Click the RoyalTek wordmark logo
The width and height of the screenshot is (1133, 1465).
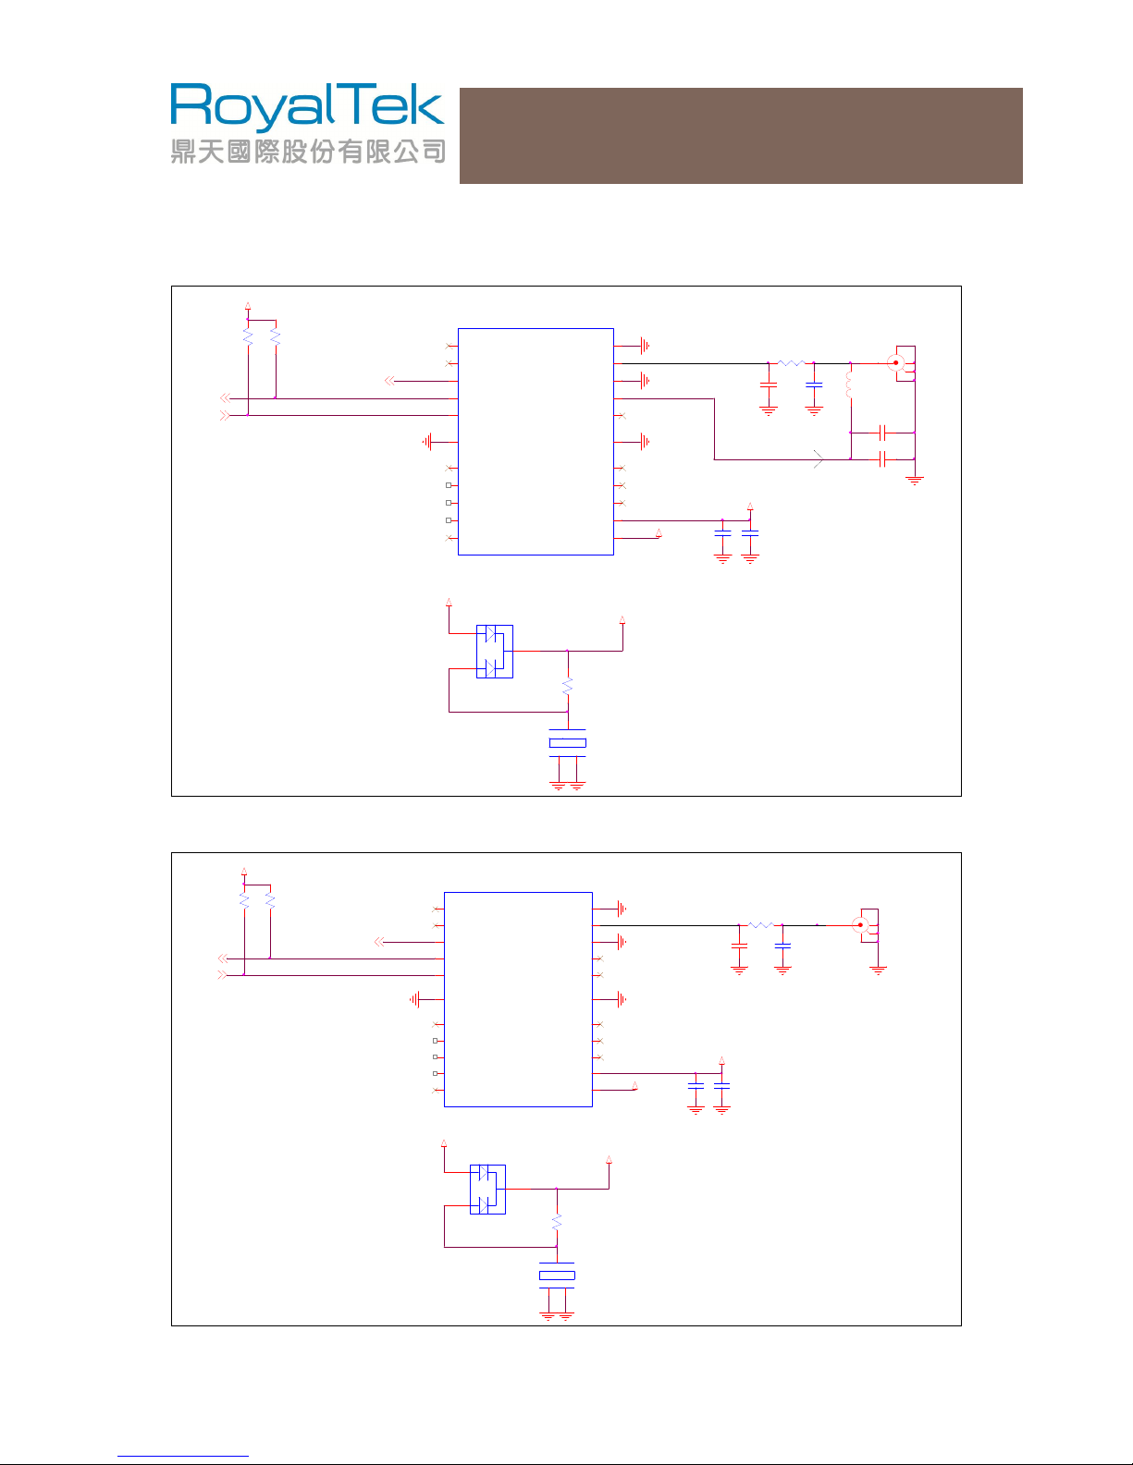click(x=307, y=105)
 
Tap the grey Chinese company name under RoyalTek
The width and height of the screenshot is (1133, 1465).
click(x=308, y=151)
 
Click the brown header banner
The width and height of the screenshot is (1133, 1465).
click(x=741, y=136)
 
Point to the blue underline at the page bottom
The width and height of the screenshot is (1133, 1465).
click(x=183, y=1456)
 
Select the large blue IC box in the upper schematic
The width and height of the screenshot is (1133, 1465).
click(x=536, y=442)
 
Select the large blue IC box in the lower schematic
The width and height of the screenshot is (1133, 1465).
click(x=518, y=999)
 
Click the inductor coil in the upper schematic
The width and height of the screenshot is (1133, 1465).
click(x=849, y=385)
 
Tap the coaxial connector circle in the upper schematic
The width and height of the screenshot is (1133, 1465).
click(x=895, y=362)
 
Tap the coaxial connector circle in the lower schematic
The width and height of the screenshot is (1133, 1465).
click(x=860, y=924)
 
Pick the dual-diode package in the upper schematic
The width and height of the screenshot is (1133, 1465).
click(x=494, y=652)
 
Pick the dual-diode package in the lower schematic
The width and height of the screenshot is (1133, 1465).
click(x=487, y=1190)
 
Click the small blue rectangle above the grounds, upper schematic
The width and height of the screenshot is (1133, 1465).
click(x=567, y=743)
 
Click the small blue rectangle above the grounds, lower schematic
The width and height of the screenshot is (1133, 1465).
click(x=557, y=1275)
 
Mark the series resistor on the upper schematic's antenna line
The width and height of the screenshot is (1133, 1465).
click(x=791, y=363)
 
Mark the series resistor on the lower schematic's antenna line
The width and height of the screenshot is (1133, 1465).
click(x=760, y=925)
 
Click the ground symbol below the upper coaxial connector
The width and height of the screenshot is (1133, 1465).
click(x=915, y=481)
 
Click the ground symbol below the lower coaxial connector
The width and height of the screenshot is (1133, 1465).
click(x=878, y=971)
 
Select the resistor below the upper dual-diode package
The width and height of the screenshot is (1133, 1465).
click(x=568, y=687)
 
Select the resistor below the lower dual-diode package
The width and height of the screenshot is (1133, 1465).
click(x=557, y=1222)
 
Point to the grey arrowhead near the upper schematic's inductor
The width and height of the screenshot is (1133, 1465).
click(x=819, y=459)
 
